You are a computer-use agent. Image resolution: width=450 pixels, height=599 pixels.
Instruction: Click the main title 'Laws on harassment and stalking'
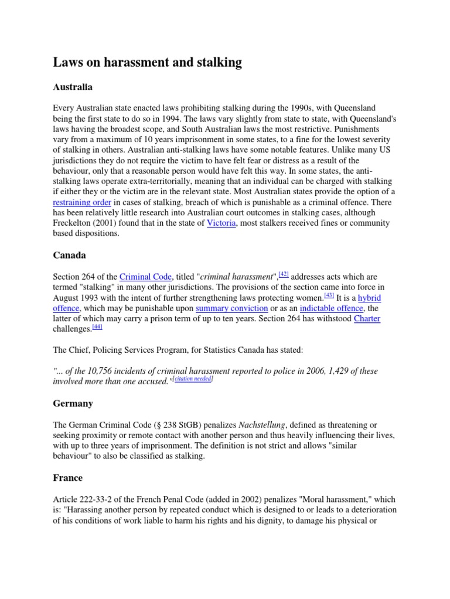click(147, 63)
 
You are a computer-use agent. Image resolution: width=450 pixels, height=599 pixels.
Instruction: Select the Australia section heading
click(73, 87)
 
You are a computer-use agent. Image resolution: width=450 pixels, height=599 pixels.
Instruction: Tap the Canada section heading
click(69, 255)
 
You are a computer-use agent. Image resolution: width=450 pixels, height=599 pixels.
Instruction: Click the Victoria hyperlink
click(221, 223)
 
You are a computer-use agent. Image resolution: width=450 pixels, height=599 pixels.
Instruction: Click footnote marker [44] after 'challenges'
click(97, 326)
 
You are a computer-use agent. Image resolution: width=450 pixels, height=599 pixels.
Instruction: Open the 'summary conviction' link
click(231, 308)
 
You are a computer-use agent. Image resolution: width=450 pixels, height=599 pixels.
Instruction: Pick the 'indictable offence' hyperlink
click(331, 308)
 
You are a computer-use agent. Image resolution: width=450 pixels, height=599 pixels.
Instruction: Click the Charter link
click(367, 318)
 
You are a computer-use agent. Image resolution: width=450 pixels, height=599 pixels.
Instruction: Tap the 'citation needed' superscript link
click(193, 380)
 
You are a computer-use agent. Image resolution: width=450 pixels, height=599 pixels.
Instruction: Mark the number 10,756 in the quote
click(100, 371)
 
